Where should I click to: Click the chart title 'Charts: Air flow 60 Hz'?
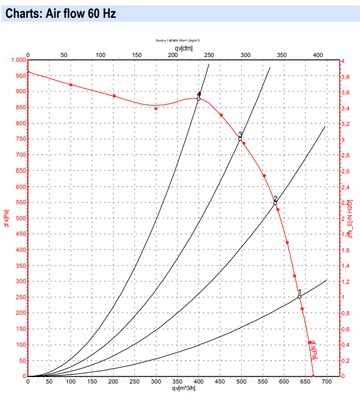(60, 14)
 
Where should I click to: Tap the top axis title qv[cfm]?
(183, 47)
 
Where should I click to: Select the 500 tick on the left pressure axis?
(20, 218)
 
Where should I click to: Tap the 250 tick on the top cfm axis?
(209, 55)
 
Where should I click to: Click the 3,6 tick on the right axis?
(346, 92)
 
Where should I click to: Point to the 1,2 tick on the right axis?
(346, 281)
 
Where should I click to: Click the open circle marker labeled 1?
(300, 296)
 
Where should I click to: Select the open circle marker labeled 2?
(275, 203)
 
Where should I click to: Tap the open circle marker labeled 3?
(240, 138)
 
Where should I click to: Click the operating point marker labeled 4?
(199, 98)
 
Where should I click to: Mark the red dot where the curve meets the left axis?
(28, 72)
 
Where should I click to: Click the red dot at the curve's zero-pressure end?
(314, 376)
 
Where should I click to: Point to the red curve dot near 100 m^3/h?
(71, 85)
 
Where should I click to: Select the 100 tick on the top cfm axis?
(101, 55)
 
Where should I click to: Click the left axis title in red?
(6, 218)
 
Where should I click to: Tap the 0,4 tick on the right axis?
(346, 344)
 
